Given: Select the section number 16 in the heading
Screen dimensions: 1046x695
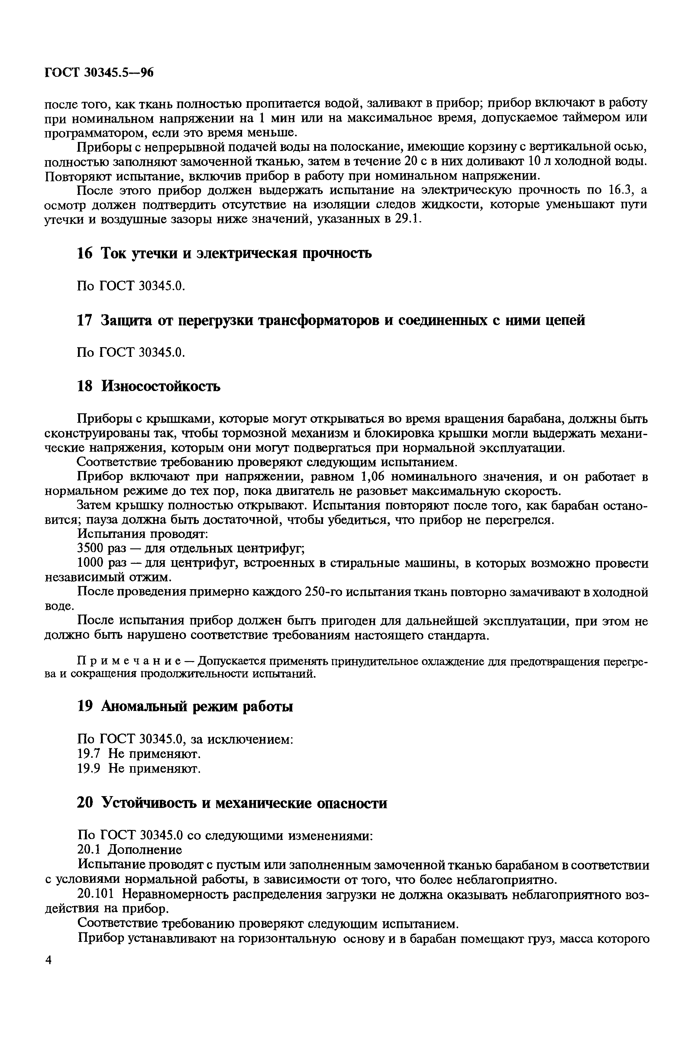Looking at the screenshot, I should click(x=85, y=253).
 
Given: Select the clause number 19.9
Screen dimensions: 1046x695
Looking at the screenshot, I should click(x=90, y=768).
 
